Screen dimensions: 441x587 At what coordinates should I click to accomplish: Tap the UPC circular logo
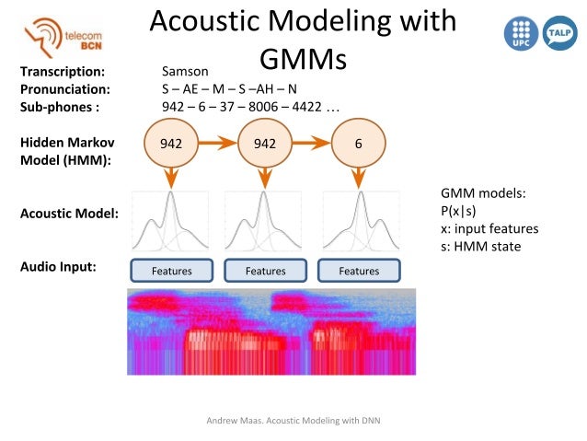click(x=520, y=33)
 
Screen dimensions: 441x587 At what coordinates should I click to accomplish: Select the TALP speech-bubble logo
click(x=559, y=33)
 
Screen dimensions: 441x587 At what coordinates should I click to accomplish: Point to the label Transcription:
click(x=63, y=71)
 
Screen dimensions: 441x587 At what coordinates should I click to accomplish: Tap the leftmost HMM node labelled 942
click(x=171, y=145)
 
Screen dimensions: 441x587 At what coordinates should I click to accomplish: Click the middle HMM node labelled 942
click(x=264, y=145)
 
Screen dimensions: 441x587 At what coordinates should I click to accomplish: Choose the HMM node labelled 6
click(x=358, y=145)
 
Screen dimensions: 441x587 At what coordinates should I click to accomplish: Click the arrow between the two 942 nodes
click(x=217, y=145)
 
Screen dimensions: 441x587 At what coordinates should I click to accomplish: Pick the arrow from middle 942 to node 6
click(x=311, y=145)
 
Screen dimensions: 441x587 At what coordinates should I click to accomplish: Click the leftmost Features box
click(x=171, y=271)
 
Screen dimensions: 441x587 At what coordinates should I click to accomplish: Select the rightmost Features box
click(x=359, y=271)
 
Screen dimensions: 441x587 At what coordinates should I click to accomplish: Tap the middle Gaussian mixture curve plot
click(x=264, y=222)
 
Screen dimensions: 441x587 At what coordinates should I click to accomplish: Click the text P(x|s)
click(x=458, y=211)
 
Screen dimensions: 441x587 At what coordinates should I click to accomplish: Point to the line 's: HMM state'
click(x=481, y=246)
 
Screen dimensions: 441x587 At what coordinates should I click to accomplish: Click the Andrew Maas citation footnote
click(x=293, y=421)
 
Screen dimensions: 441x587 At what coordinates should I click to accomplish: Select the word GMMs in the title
click(x=302, y=60)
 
